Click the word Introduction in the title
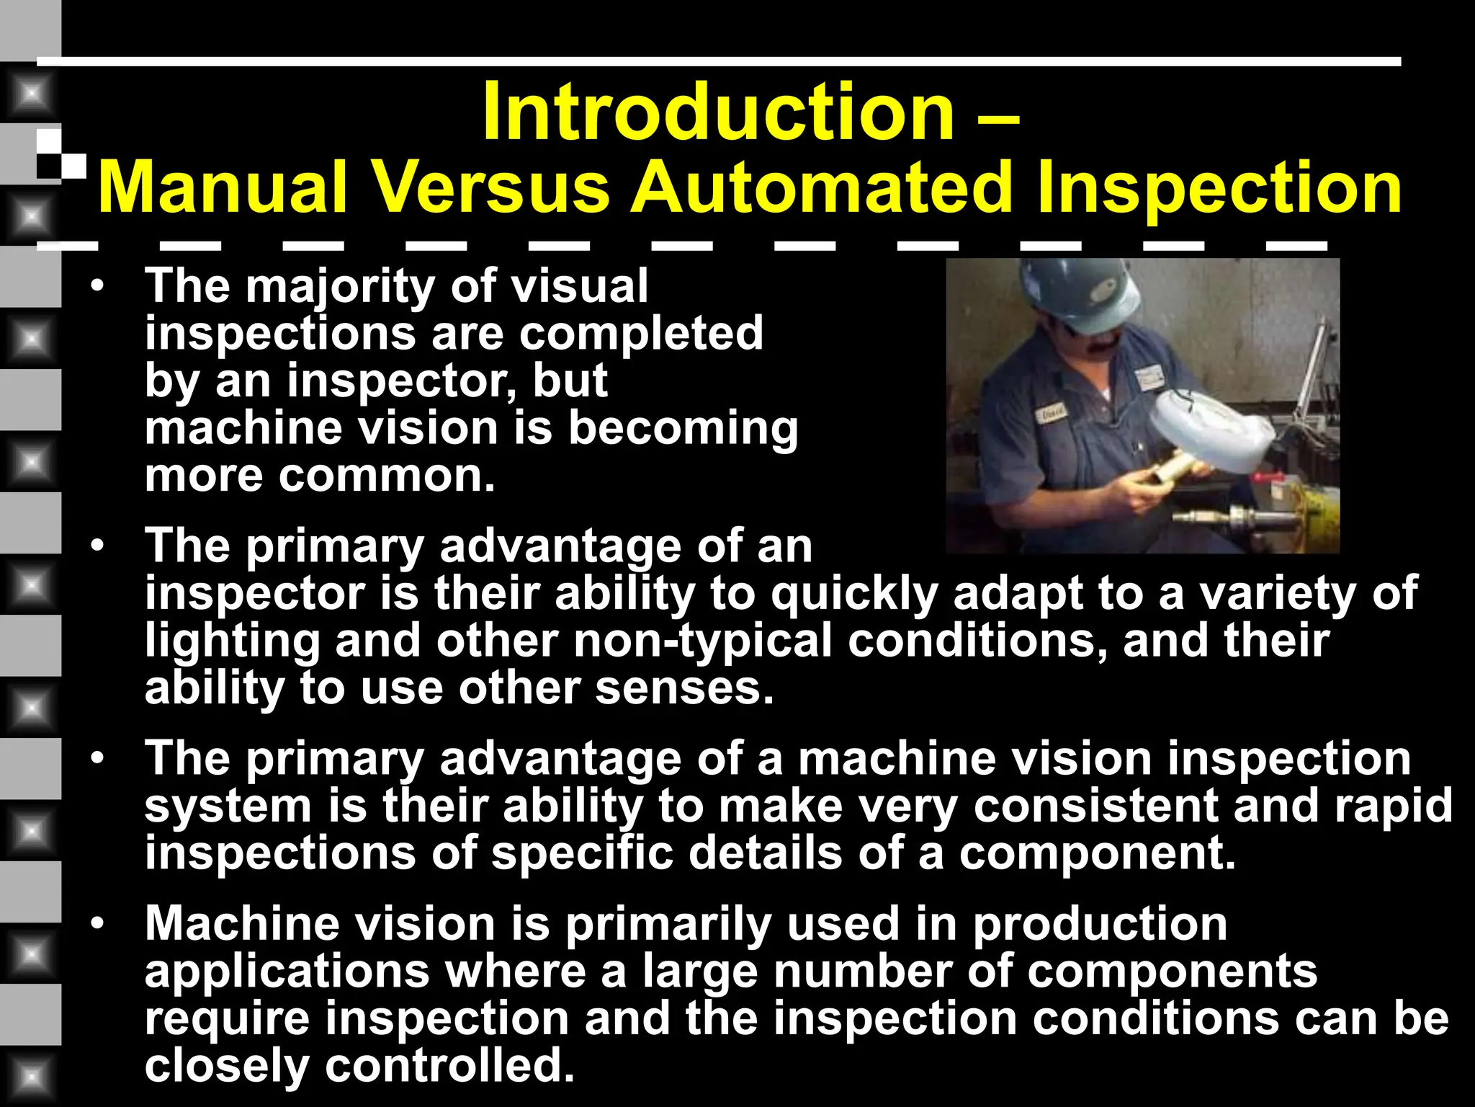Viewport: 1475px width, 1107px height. [718, 112]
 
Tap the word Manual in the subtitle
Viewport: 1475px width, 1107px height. [223, 187]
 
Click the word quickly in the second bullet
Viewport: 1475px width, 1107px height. [855, 594]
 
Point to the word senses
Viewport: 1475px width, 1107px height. [683, 688]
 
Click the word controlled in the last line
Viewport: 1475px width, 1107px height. [449, 1065]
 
